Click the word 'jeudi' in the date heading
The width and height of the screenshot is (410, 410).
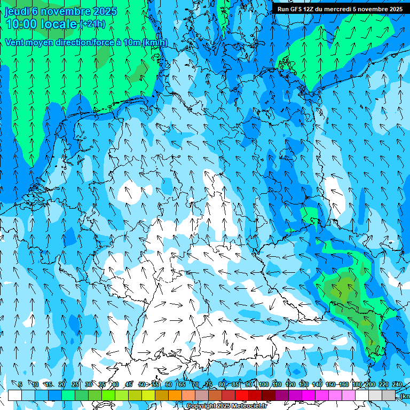[17, 11]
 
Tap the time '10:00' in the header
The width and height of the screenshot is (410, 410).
[21, 24]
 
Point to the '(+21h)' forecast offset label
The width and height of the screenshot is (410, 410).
[92, 24]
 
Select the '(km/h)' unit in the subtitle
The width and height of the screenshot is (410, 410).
[154, 42]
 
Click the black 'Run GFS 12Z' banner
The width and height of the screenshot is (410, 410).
[340, 9]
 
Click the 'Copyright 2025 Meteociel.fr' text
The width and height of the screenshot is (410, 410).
[226, 406]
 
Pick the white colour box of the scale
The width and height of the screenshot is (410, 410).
[15, 395]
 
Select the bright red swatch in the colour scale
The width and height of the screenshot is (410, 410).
[242, 395]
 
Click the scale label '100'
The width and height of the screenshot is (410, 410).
[264, 384]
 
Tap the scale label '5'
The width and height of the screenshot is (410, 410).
[20, 384]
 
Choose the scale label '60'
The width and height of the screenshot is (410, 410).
[169, 384]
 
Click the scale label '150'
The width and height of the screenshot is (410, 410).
[330, 384]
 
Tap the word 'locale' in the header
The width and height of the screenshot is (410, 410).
[58, 24]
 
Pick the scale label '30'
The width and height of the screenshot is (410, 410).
[89, 384]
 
